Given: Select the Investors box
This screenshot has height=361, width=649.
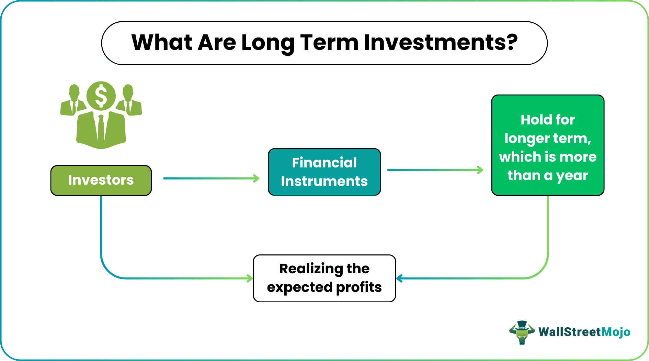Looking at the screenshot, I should pos(101,180).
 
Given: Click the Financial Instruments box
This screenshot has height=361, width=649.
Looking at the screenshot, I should pos(324,172).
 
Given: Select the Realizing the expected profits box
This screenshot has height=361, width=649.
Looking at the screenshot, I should pos(324,278).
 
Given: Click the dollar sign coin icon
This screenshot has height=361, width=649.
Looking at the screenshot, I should pos(101,96).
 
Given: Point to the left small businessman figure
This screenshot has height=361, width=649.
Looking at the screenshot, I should pos(73,101).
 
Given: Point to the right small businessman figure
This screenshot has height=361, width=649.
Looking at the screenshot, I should pos(129,101).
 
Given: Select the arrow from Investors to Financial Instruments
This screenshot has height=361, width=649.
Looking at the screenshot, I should pos(211,178).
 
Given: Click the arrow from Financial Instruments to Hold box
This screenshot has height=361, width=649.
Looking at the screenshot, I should pos(435,170).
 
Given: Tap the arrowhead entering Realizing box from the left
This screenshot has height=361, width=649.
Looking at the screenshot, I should pos(250,278).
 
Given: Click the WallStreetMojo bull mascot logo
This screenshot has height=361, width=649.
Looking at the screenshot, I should pos(522,332).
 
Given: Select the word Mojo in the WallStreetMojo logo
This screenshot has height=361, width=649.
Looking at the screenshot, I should pos(616,332).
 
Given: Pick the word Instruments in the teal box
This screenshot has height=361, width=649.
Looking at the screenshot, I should pos(324,181).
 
